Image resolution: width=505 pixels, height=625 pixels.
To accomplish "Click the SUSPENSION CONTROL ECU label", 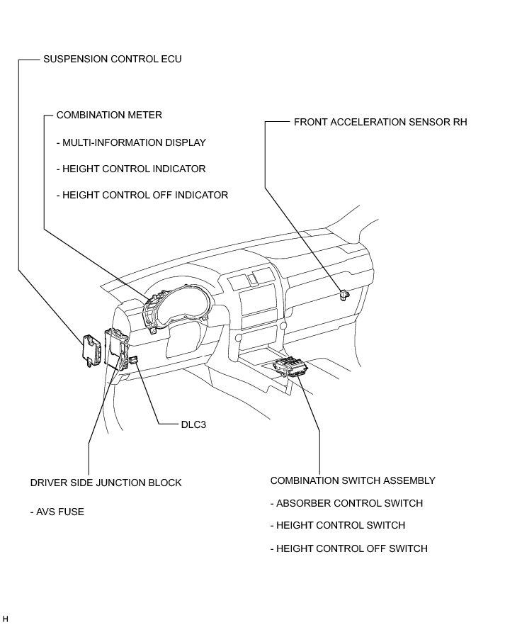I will point(113,60).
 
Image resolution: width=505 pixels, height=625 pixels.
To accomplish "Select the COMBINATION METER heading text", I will point(109,115).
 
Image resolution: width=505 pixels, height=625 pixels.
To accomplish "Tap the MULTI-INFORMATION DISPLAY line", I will point(131,142).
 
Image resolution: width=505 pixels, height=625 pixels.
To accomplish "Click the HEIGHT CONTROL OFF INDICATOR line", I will point(142,195).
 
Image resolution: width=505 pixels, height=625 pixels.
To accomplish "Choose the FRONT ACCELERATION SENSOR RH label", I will point(380,122).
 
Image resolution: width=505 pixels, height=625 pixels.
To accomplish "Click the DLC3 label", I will point(193,425).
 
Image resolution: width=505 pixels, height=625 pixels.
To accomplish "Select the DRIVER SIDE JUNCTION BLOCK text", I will point(106,483).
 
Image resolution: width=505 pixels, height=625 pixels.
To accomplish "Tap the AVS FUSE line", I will point(57,512).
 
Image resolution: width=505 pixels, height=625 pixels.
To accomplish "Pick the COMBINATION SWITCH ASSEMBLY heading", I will point(353,480).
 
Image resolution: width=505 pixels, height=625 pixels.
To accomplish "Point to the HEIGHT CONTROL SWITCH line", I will point(338,526).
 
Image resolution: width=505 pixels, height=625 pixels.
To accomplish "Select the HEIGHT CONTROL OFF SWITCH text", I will point(349,548).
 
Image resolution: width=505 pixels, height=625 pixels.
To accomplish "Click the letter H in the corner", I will point(6,619).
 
